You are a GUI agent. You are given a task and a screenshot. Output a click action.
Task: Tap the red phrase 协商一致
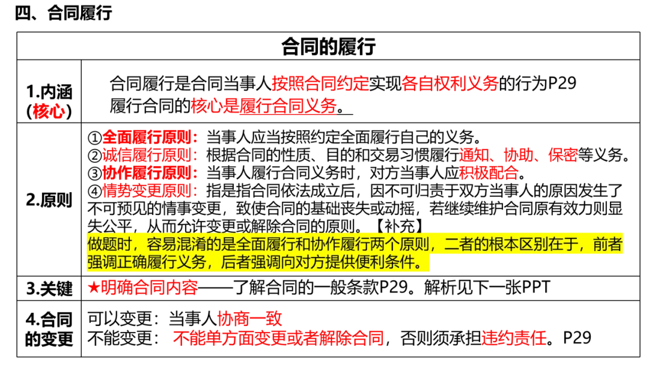(x=249, y=318)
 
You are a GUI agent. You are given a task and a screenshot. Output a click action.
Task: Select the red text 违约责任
(x=514, y=338)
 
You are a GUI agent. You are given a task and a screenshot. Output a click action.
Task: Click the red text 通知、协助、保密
(x=518, y=155)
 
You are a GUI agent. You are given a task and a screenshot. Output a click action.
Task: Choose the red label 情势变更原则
(x=150, y=192)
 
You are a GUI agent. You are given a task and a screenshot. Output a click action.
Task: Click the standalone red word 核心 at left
(x=49, y=111)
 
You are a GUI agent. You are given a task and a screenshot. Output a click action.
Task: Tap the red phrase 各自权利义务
(x=450, y=83)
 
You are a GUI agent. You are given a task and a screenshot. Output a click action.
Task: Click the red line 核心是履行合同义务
(x=263, y=106)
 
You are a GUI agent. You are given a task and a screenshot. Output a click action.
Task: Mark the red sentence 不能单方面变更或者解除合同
(x=278, y=338)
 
